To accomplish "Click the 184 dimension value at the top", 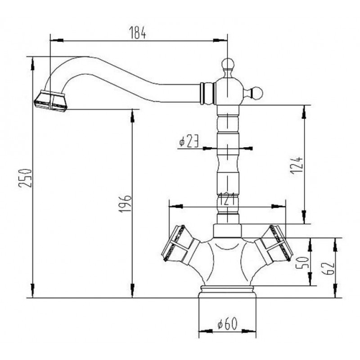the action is coord(138,32).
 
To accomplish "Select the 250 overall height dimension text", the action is coord(25,178).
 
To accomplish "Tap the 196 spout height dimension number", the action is coord(125,204).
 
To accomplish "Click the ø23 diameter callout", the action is coord(189,141).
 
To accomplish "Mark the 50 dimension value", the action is coord(301,263).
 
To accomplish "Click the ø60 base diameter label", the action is coord(227,324).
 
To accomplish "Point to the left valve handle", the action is coord(181,245).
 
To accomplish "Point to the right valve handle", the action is coord(274,245).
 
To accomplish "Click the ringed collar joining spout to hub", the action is coord(208,94).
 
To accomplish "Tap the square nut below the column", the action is coord(228,231).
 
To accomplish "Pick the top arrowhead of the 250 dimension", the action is coord(32,63).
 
